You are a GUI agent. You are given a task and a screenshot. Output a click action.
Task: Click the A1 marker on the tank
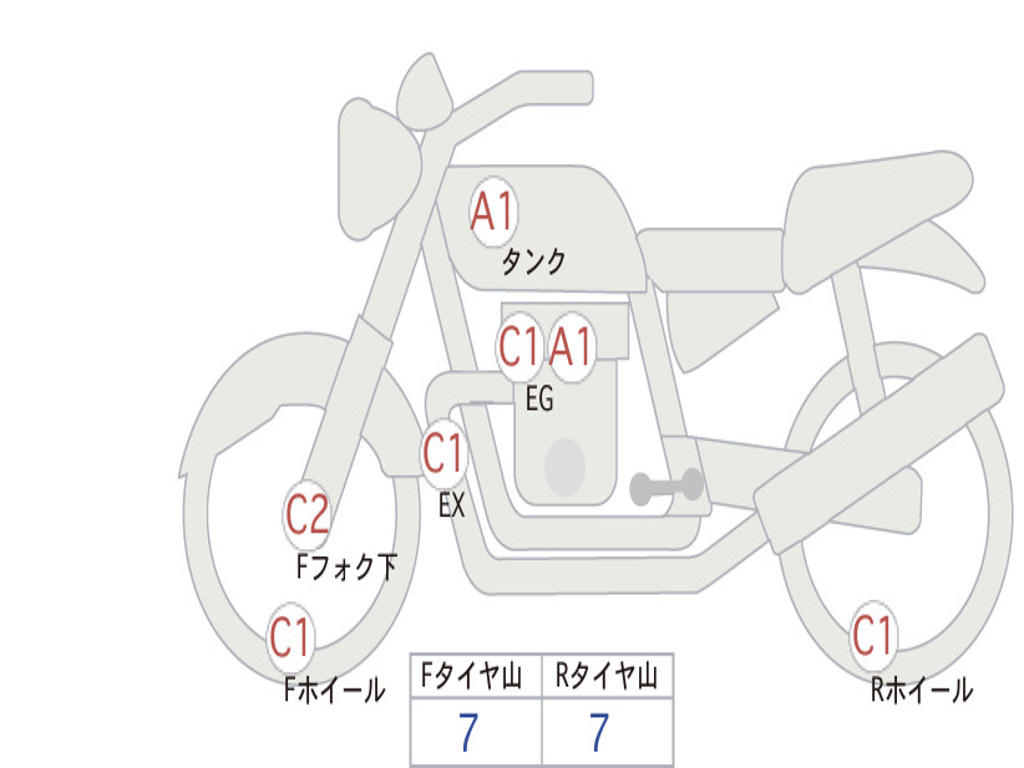point(493,212)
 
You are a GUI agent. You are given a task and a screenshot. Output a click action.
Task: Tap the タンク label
point(533,261)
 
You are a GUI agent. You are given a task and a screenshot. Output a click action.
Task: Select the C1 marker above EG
point(519,346)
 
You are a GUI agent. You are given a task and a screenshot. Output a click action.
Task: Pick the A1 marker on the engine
point(571,346)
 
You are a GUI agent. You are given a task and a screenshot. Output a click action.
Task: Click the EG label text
point(539,398)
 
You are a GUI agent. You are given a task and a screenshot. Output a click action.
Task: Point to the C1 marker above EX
point(443,453)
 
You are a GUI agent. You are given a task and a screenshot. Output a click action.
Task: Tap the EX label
point(452,505)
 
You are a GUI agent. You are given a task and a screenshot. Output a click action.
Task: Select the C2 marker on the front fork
point(308,515)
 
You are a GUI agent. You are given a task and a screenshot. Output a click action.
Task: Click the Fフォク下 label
point(346,567)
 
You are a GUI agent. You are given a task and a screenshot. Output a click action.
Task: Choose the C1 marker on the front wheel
point(290,637)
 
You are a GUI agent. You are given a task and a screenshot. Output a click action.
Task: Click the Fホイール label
point(334,690)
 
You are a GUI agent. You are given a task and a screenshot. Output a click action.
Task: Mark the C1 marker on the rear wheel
point(873,635)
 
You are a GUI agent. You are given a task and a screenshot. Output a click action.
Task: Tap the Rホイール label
point(921,690)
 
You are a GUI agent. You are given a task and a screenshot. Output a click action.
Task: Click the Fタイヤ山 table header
point(472,675)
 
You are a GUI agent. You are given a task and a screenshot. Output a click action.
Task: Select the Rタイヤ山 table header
point(606,675)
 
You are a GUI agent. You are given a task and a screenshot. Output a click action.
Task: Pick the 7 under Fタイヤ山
point(468,733)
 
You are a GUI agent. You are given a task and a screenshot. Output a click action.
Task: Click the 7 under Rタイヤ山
point(600,733)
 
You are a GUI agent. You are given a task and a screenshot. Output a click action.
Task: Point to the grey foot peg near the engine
point(666,487)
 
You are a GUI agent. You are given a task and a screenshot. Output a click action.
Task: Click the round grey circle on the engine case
point(565,467)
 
